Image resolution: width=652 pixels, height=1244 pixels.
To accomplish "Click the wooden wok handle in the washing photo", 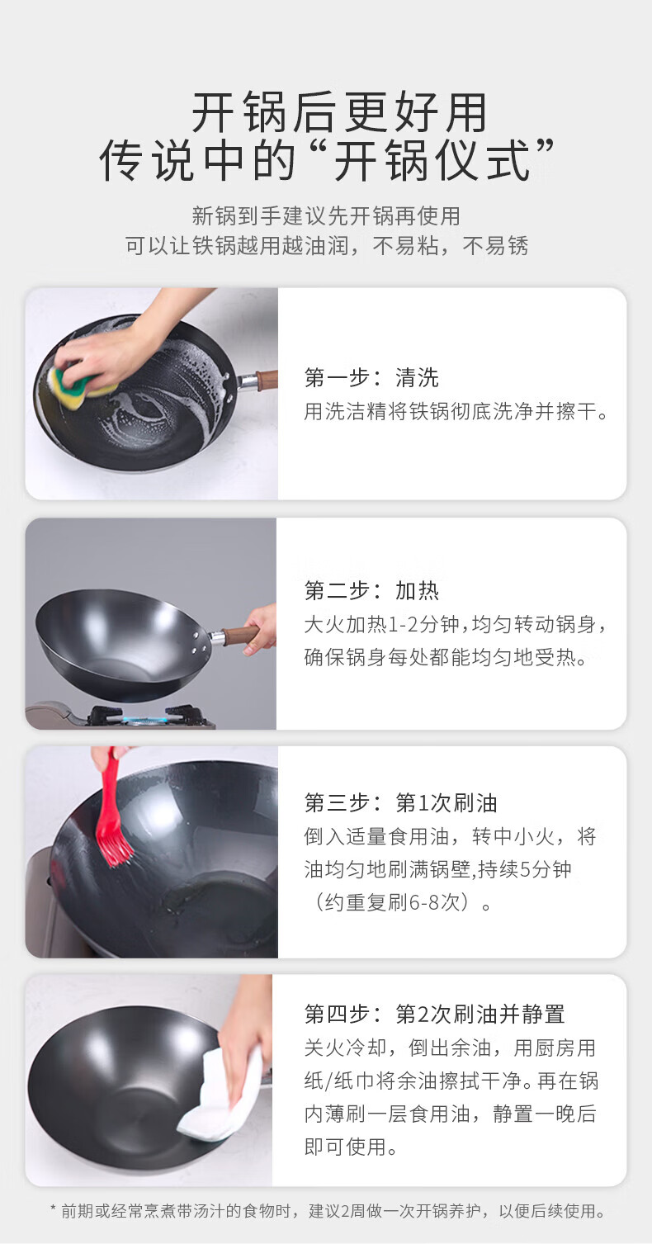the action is pyautogui.click(x=266, y=380).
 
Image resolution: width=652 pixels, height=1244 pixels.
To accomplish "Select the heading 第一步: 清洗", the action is pyautogui.click(x=371, y=377).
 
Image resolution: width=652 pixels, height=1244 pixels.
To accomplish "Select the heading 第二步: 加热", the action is pyautogui.click(x=371, y=591).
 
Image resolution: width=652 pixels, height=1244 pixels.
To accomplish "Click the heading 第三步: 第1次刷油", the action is pyautogui.click(x=400, y=802).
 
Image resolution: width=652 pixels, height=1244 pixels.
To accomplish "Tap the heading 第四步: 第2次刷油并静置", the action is pyautogui.click(x=434, y=1014).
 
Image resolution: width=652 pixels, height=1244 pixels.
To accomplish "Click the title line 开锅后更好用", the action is pyautogui.click(x=338, y=112).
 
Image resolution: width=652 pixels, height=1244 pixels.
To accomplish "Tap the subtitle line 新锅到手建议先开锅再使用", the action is pyautogui.click(x=326, y=215).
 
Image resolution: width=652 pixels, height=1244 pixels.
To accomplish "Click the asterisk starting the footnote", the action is pyautogui.click(x=54, y=1209).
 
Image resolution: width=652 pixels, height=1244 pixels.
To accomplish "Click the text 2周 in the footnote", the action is pyautogui.click(x=352, y=1211).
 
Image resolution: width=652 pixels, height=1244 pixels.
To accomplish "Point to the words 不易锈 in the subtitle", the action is pyautogui.click(x=495, y=245).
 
